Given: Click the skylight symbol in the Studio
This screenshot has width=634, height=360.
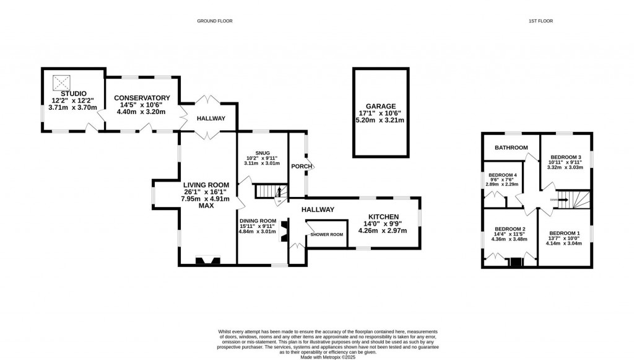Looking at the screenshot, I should point(61,81).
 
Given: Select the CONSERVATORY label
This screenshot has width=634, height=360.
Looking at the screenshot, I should point(142,98).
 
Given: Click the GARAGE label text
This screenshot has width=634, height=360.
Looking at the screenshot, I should point(380,106).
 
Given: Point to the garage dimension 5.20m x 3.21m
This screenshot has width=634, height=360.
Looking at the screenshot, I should point(380,120).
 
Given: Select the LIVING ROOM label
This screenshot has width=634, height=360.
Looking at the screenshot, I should point(206,185).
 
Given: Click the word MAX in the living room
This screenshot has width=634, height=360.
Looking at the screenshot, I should point(206,206).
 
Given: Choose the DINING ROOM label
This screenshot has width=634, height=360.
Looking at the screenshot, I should point(258,221).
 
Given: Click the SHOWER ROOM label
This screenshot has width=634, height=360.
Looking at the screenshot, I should point(327,234).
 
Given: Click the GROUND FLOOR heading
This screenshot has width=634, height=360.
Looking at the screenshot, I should point(215,21).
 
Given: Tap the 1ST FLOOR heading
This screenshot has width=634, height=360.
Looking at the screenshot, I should point(541,21).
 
